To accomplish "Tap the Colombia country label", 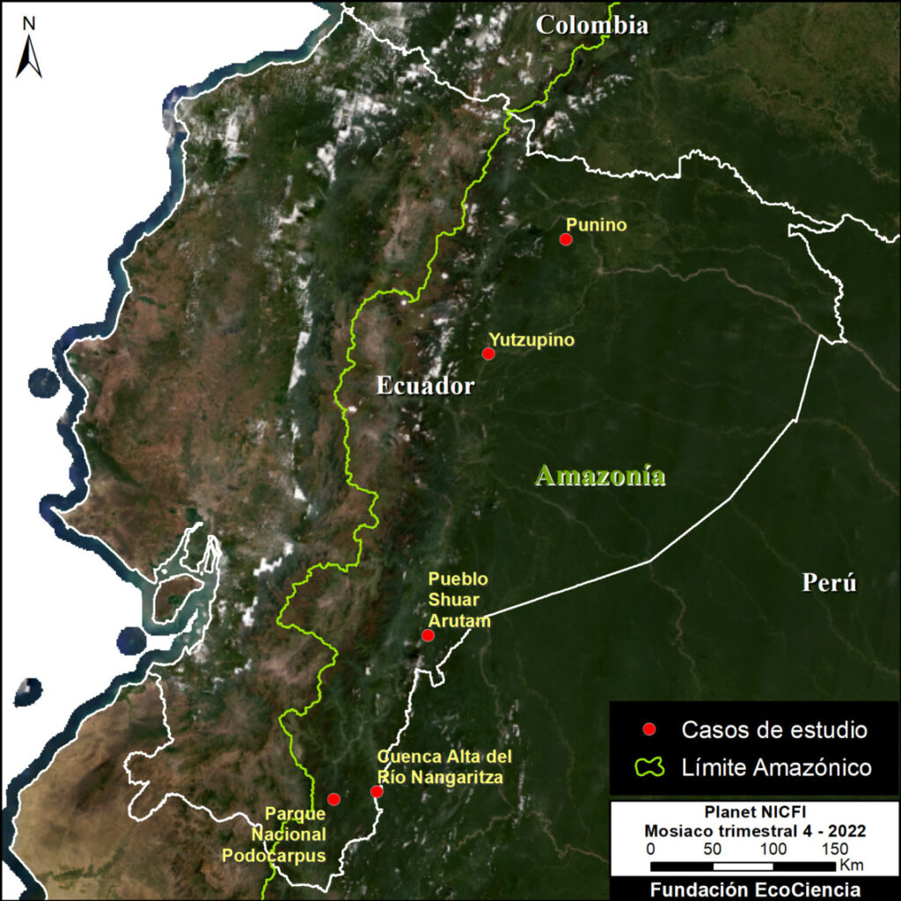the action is pyautogui.click(x=592, y=25).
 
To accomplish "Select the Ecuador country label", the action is pyautogui.click(x=425, y=385).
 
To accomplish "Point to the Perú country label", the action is pyautogui.click(x=829, y=582).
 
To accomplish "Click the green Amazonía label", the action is pyautogui.click(x=600, y=476).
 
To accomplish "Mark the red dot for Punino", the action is pyautogui.click(x=566, y=239).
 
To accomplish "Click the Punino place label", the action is pyautogui.click(x=597, y=225).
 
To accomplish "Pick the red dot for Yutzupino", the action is pyautogui.click(x=488, y=354).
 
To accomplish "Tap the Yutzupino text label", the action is pyautogui.click(x=531, y=340).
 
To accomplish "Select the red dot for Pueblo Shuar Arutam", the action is pyautogui.click(x=428, y=635).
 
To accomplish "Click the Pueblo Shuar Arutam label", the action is pyautogui.click(x=458, y=600).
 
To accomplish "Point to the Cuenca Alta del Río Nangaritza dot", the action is pyautogui.click(x=377, y=792).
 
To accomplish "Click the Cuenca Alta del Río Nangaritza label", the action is pyautogui.click(x=444, y=767).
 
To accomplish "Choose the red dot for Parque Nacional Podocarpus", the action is pyautogui.click(x=333, y=799).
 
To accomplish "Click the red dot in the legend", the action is pyautogui.click(x=649, y=729).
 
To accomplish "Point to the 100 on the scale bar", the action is pyautogui.click(x=774, y=849).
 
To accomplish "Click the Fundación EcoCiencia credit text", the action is pyautogui.click(x=755, y=890).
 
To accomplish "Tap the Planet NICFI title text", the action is pyautogui.click(x=754, y=811).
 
